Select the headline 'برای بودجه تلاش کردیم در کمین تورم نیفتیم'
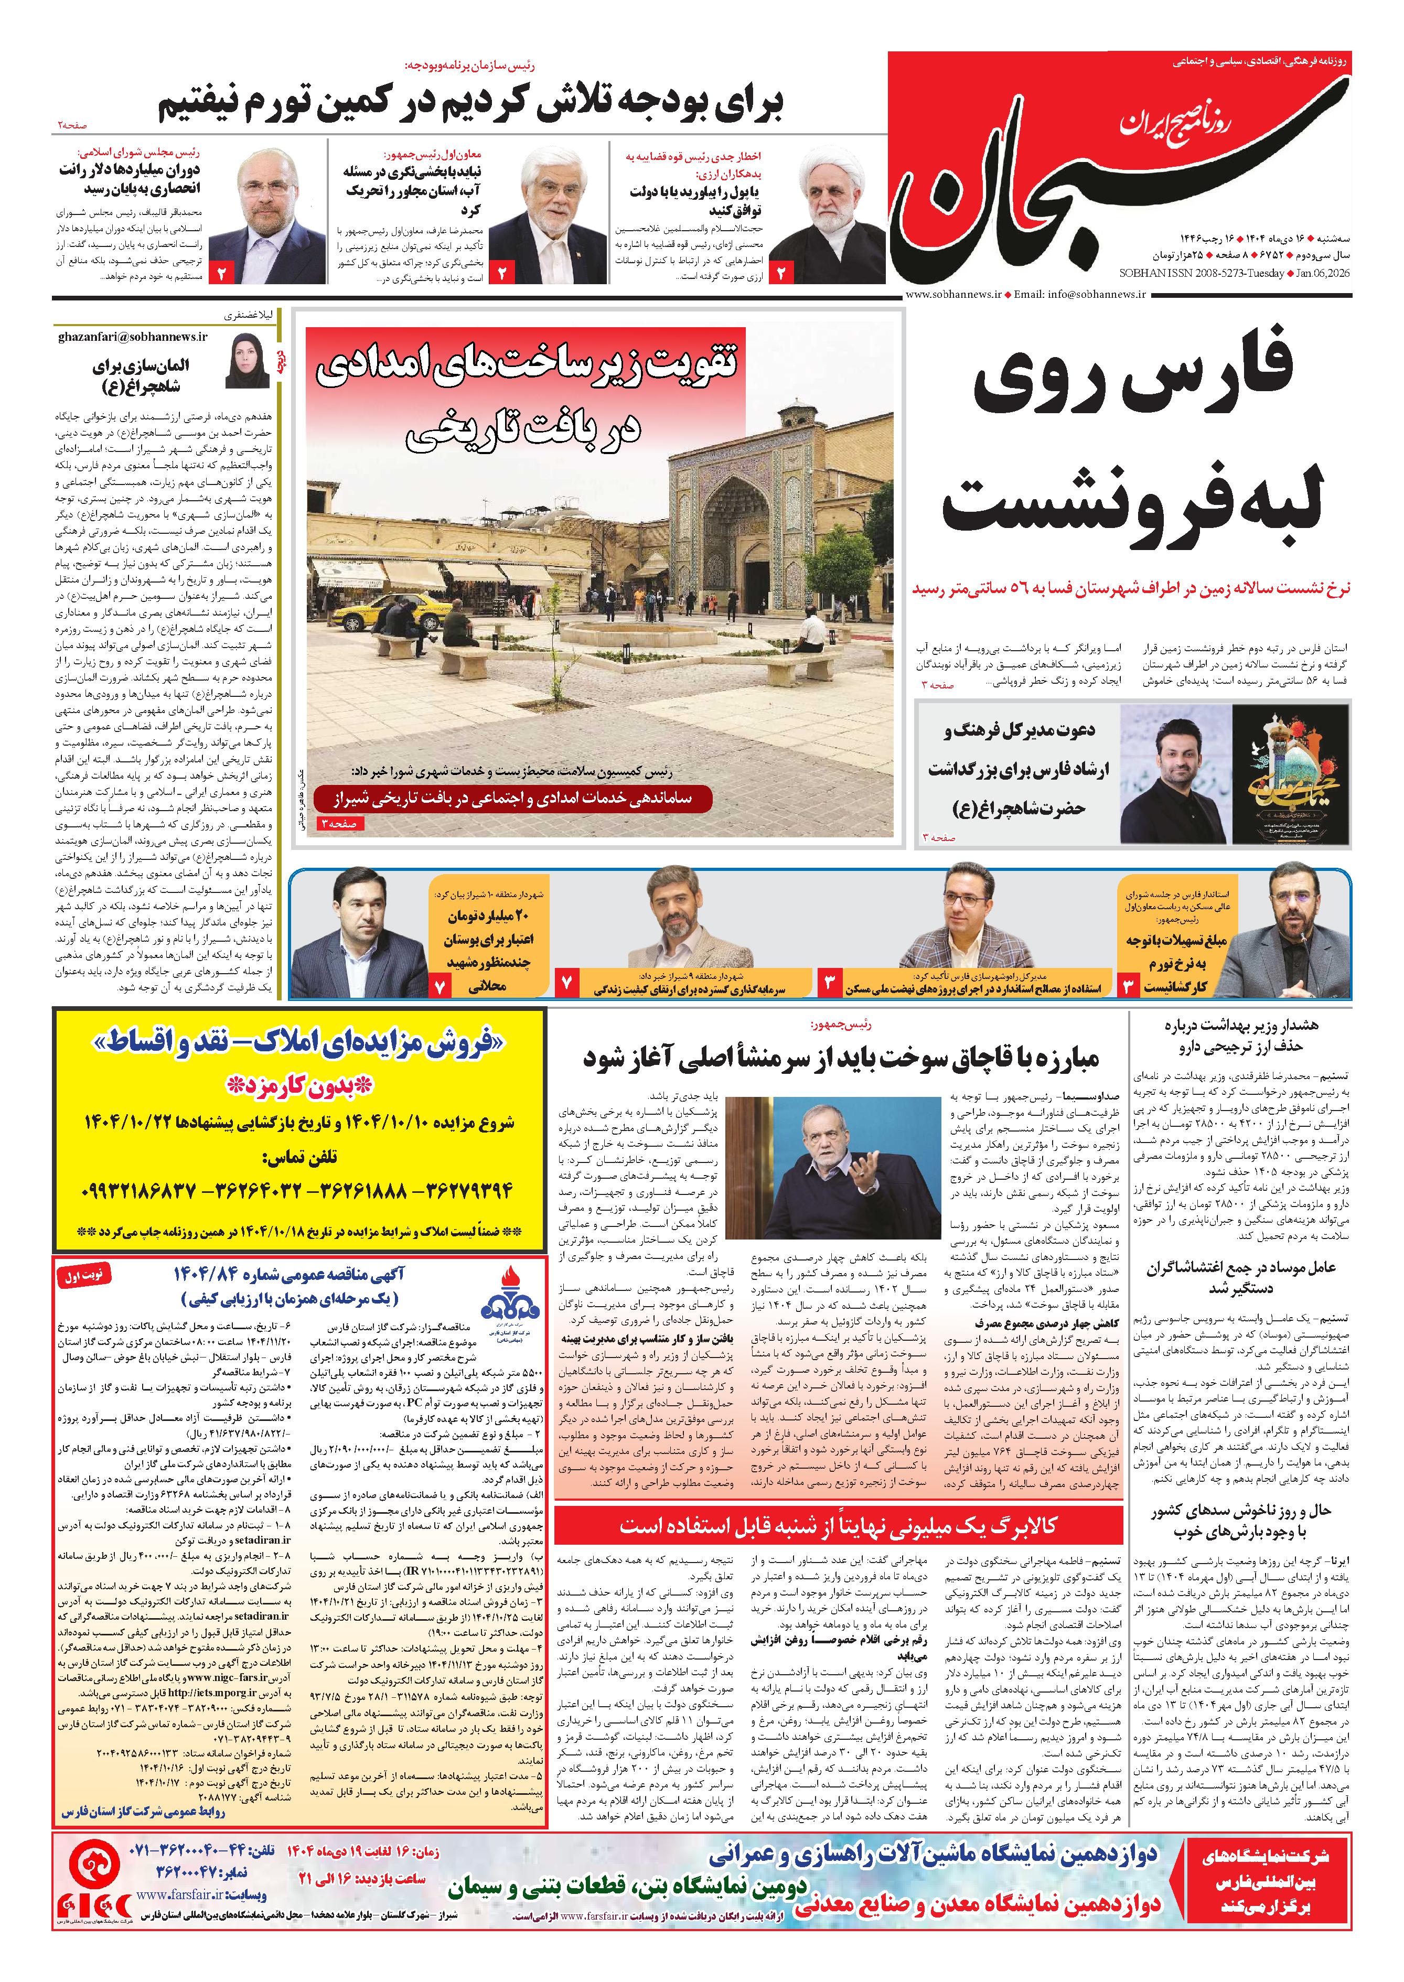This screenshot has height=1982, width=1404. [471, 105]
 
